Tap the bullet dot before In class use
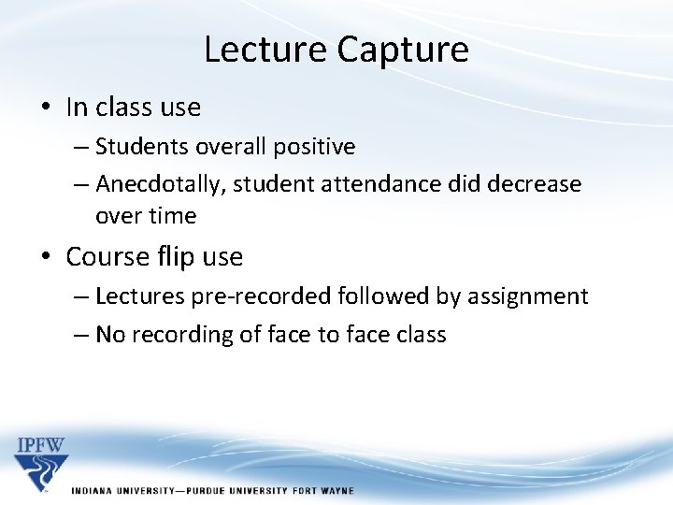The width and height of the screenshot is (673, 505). (x=46, y=108)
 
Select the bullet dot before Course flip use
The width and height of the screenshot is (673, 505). (x=46, y=257)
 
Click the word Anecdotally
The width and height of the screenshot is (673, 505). (x=159, y=184)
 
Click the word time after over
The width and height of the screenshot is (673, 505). (x=174, y=216)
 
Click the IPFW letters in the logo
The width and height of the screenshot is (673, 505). (x=40, y=444)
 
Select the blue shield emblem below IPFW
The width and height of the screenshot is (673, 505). (x=40, y=471)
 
